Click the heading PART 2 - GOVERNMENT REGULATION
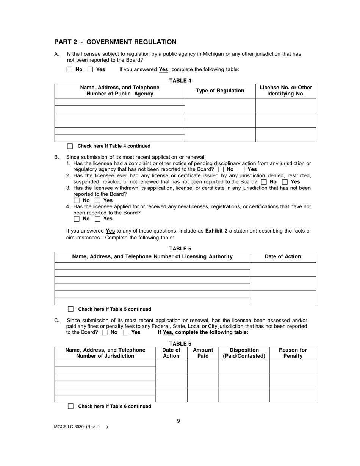[x=115, y=42]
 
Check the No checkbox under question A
[x=69, y=69]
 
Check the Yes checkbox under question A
[x=90, y=69]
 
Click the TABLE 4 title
[x=180, y=80]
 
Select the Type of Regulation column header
[x=220, y=91]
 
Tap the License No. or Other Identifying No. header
[x=286, y=91]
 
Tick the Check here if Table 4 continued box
[x=70, y=146]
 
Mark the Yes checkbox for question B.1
[x=242, y=170]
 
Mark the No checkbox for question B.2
[x=264, y=182]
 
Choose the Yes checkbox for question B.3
[x=97, y=200]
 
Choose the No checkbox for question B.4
[x=77, y=219]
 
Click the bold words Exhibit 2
[x=216, y=231]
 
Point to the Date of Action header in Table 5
[x=283, y=257]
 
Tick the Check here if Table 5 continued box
[x=70, y=309]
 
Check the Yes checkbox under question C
[x=126, y=333]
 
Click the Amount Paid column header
[x=203, y=353]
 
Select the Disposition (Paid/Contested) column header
[x=244, y=353]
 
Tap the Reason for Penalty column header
[x=293, y=353]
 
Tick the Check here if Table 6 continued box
[x=70, y=407]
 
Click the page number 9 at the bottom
[x=178, y=421]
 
